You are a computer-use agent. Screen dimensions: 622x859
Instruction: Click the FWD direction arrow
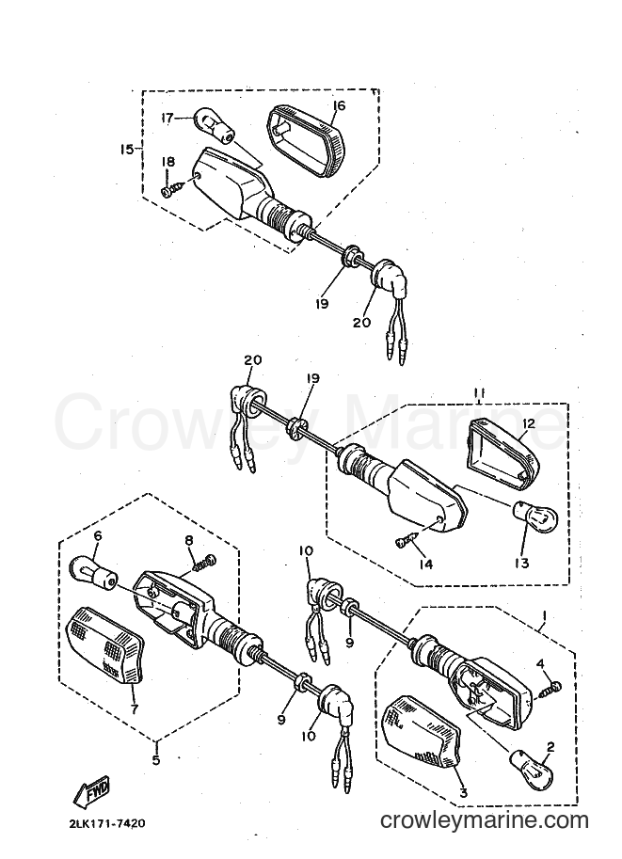point(92,790)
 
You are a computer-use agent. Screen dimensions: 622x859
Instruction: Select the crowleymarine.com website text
point(484,820)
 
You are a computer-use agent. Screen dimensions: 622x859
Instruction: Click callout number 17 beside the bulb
point(167,118)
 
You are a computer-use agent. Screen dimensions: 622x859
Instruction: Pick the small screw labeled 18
point(170,189)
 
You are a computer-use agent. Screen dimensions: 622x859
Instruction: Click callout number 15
point(127,149)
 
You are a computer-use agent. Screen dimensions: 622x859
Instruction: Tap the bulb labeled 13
point(534,518)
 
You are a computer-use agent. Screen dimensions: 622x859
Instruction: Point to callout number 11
point(479,392)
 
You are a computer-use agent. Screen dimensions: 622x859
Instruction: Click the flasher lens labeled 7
point(104,645)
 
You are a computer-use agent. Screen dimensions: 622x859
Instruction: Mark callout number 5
point(156,760)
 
